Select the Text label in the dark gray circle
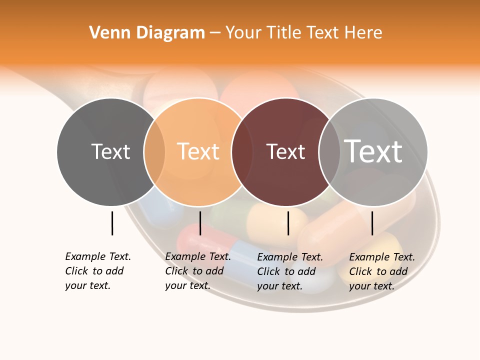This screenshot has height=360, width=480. pos(110,152)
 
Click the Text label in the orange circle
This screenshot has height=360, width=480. pos(198,152)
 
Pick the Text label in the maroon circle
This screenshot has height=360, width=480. pos(285,152)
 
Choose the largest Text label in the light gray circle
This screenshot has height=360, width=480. pos(373,151)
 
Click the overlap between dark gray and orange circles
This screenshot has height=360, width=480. pos(154,152)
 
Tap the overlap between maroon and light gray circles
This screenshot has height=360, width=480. pos(328,152)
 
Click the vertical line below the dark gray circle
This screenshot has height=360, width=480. pos(112,223)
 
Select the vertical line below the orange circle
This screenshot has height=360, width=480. pos(200,223)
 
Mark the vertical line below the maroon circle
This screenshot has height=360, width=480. pos(288,223)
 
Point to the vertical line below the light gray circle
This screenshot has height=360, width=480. pos(372,223)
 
